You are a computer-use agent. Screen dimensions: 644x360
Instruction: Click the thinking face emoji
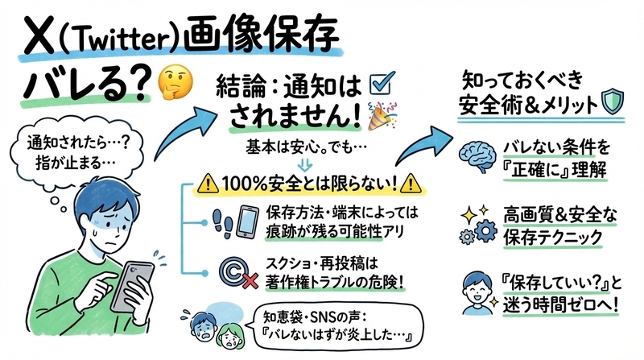point(175,82)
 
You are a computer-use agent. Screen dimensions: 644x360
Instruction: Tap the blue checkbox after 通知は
point(382,83)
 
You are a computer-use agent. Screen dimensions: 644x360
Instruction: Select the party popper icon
point(382,116)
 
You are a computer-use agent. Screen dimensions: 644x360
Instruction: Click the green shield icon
point(613,102)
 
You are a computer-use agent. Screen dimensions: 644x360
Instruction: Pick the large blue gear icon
point(486,230)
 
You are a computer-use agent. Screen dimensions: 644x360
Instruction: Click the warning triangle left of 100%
point(208,184)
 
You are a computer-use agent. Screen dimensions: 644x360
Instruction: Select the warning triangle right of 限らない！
point(411,184)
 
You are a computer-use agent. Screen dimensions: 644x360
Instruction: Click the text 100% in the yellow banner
point(246,184)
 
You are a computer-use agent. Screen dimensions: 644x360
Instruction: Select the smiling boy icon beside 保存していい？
point(478,292)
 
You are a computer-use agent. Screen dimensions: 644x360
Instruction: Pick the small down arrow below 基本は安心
point(304,165)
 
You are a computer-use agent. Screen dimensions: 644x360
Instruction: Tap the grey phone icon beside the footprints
point(248,221)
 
